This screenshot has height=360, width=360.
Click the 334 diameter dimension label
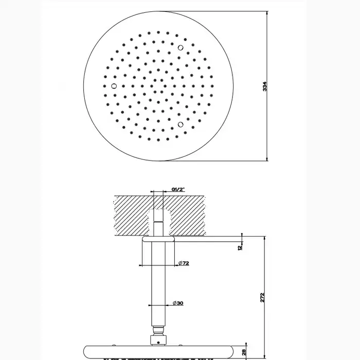pyautogui.click(x=265, y=86)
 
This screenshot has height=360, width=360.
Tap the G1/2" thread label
pyautogui.click(x=178, y=189)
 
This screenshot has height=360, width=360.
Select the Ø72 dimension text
pyautogui.click(x=184, y=263)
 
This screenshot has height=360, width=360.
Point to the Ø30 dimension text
pyautogui.click(x=178, y=303)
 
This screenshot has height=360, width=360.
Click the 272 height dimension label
pyautogui.click(x=262, y=297)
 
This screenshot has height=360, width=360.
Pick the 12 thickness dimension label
pyautogui.click(x=240, y=247)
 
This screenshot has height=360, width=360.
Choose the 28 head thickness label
pyautogui.click(x=244, y=352)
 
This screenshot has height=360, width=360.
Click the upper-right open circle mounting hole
pyautogui.click(x=181, y=48)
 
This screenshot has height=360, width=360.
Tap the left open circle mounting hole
pyautogui.click(x=114, y=86)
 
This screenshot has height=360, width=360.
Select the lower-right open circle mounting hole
pyautogui.click(x=181, y=124)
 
